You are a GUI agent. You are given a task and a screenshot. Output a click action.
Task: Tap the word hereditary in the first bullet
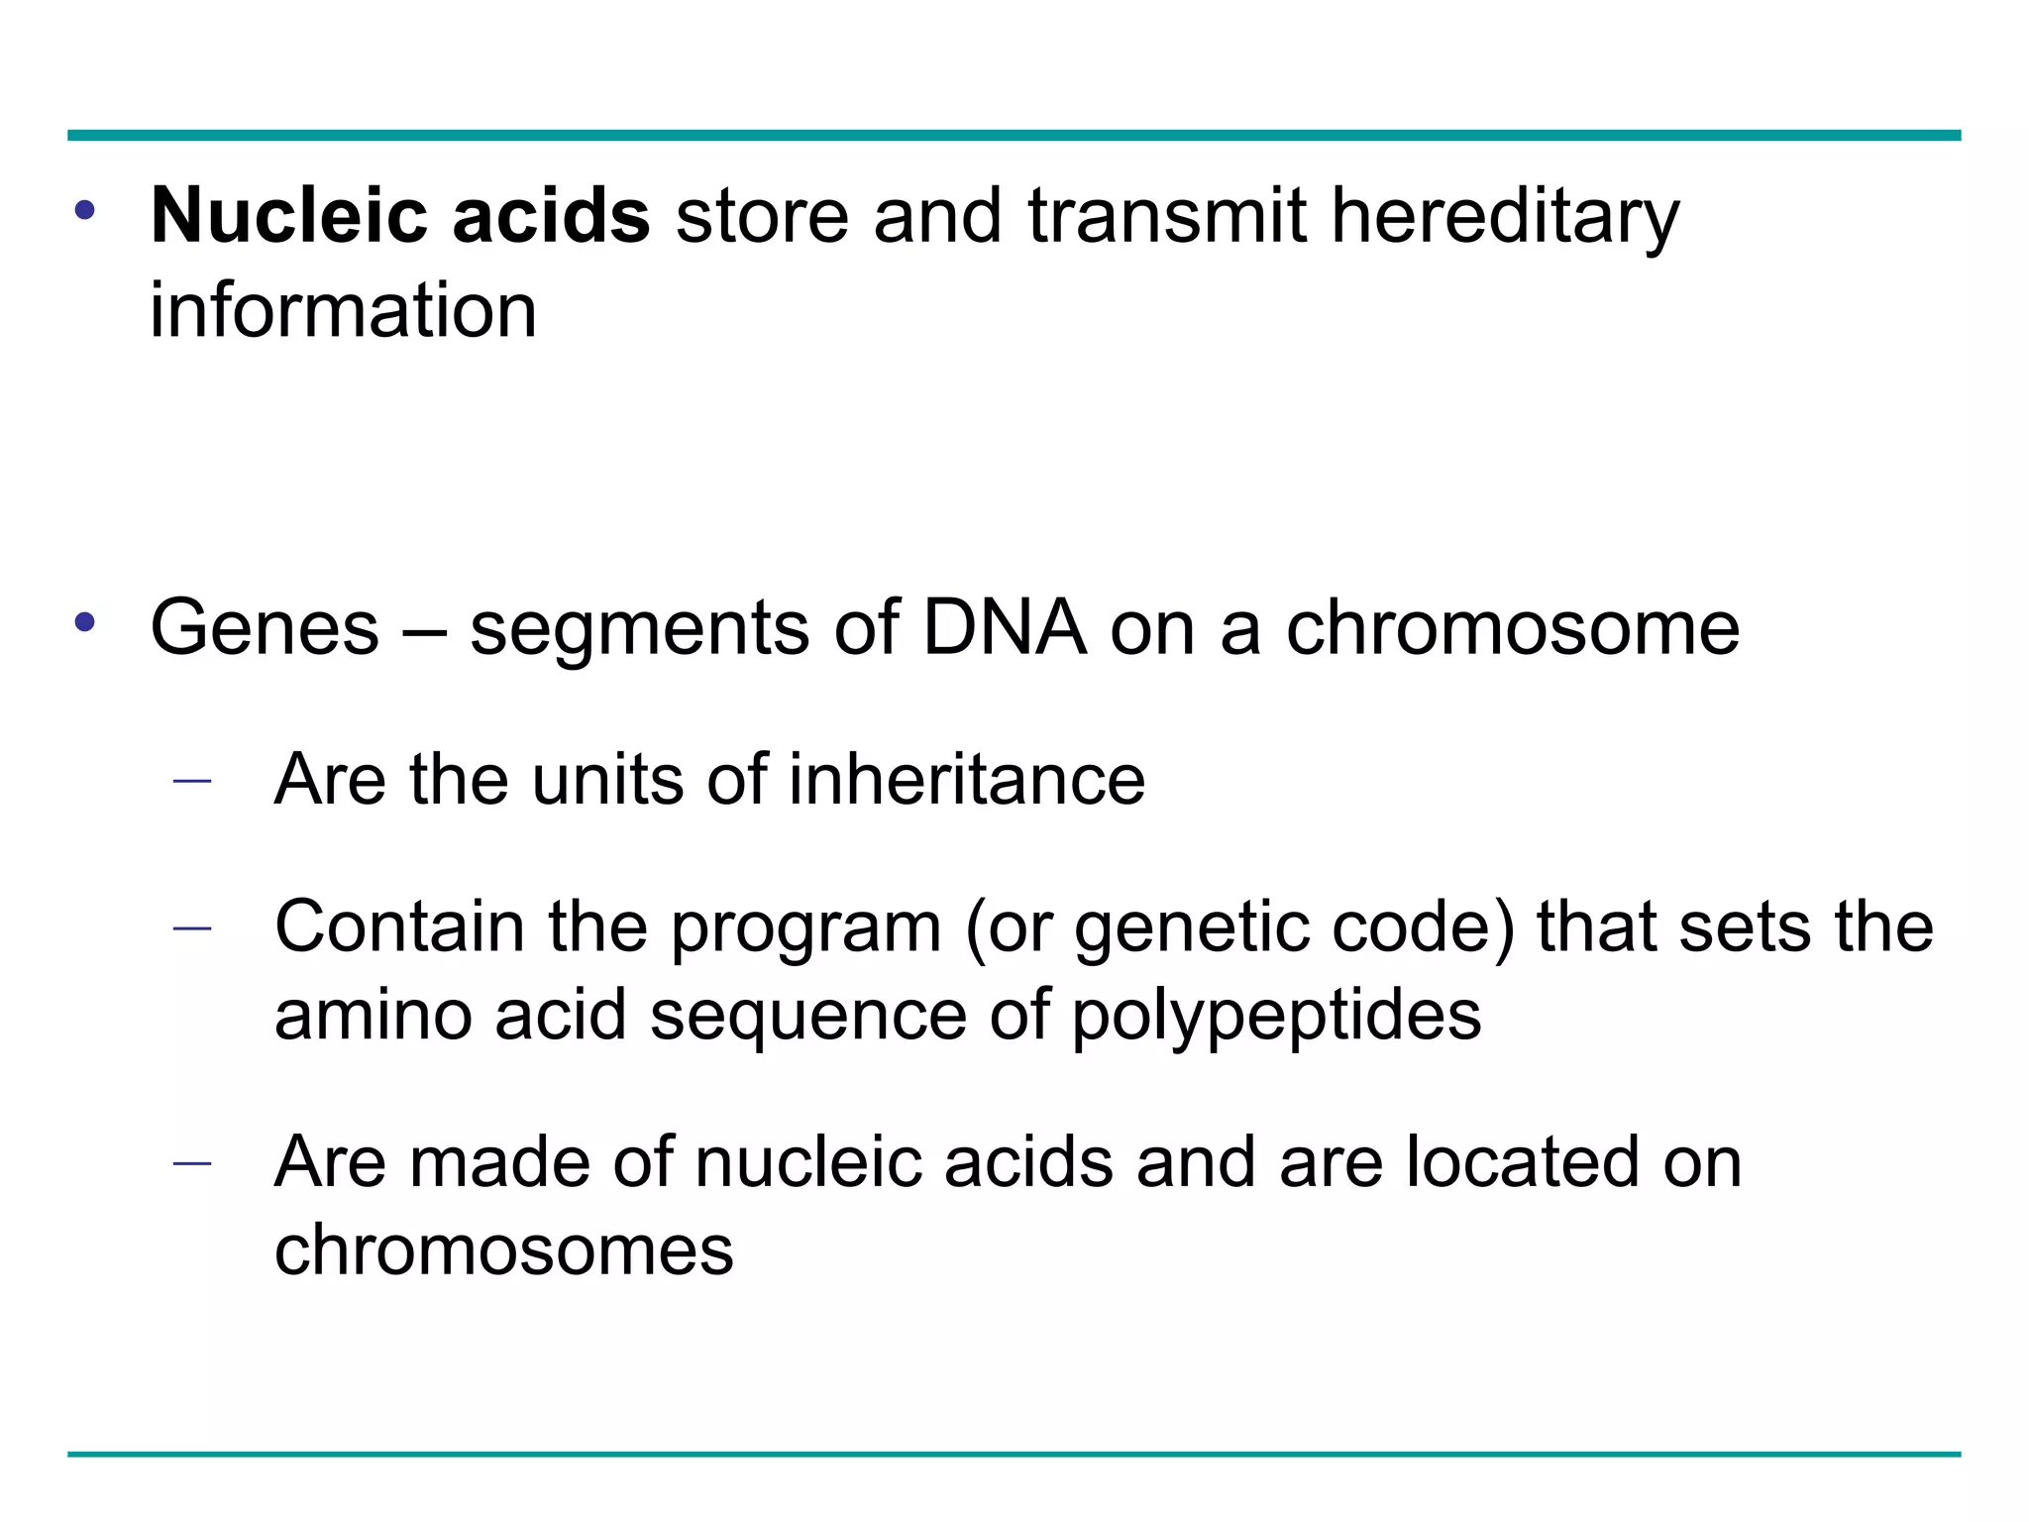pyautogui.click(x=1504, y=217)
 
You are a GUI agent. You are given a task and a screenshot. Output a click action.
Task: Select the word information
pyautogui.click(x=343, y=311)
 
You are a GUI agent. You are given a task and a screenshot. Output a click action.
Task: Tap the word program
pyautogui.click(x=805, y=929)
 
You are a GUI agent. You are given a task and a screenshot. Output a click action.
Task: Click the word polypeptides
pyautogui.click(x=1276, y=1016)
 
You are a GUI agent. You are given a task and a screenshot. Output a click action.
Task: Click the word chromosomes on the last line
pyautogui.click(x=503, y=1250)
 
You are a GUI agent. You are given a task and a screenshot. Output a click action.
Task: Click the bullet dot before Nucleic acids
pyautogui.click(x=85, y=210)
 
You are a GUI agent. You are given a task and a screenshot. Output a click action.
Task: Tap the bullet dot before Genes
pyautogui.click(x=85, y=622)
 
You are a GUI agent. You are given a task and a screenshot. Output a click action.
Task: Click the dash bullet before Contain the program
pyautogui.click(x=192, y=928)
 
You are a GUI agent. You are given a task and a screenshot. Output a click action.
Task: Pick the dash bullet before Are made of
pyautogui.click(x=192, y=1163)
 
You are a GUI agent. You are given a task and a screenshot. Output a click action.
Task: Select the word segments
pyautogui.click(x=639, y=630)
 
